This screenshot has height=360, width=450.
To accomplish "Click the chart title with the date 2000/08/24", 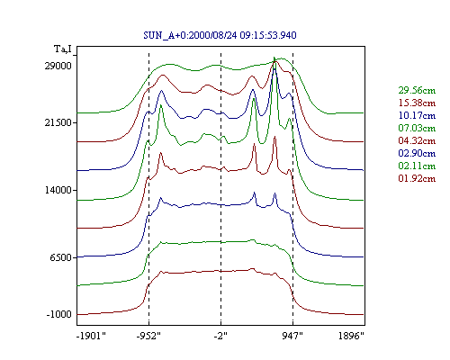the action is tap(220, 35).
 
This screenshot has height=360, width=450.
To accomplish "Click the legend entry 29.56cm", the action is tap(417, 90).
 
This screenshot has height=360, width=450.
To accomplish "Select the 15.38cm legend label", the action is tap(417, 103).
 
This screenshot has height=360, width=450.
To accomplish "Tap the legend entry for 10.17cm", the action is tap(417, 115).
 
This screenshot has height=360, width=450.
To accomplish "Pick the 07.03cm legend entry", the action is tap(417, 128).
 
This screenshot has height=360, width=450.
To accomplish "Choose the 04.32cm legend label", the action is tap(417, 140).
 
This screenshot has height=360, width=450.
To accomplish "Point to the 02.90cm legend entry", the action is tap(417, 153).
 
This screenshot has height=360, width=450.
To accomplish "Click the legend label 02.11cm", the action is tap(417, 166).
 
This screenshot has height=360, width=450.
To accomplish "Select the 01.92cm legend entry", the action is tap(417, 178).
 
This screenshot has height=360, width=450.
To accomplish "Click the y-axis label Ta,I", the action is tap(63, 49).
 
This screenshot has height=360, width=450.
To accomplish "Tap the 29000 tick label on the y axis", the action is tap(58, 66).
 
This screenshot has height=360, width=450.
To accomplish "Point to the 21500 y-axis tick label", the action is tap(58, 122).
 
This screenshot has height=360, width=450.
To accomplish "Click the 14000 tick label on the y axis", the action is tap(58, 190).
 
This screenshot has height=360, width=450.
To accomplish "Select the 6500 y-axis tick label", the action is tap(61, 257).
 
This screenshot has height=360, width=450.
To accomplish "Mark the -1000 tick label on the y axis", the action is tap(58, 314).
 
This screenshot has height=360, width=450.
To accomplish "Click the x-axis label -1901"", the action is tap(92, 336).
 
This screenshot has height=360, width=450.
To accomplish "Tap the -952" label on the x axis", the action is tap(148, 336).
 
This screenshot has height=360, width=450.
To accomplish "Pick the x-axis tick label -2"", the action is tap(220, 336).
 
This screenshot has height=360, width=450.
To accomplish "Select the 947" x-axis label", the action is tap(292, 336).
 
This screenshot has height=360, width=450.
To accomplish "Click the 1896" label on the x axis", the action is tap(351, 336).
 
